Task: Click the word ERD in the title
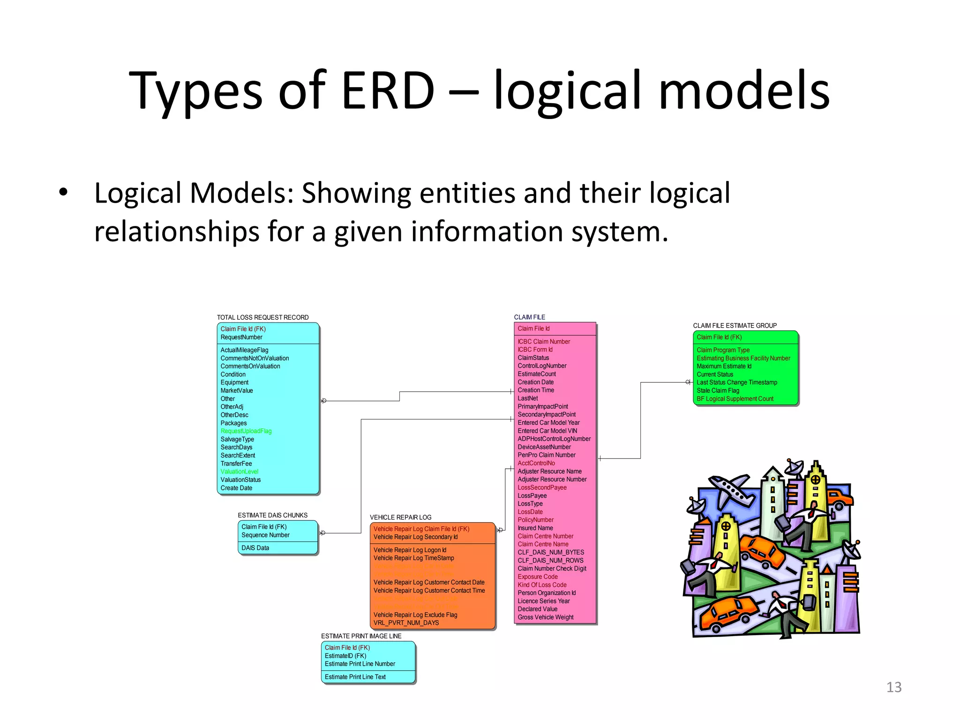point(388,90)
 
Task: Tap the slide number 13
point(893,687)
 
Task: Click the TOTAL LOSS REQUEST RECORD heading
point(262,317)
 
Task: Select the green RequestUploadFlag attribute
point(246,431)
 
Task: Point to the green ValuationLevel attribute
point(240,472)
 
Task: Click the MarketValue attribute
point(237,390)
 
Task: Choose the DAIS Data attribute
point(255,548)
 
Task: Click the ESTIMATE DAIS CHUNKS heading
point(272,515)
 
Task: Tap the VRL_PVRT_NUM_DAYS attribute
point(406,623)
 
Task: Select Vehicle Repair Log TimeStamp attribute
point(413,558)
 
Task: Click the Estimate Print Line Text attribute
point(355,677)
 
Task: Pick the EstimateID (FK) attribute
point(345,656)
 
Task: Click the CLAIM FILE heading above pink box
point(529,317)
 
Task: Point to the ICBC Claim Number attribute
point(544,342)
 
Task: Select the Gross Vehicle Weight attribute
point(545,617)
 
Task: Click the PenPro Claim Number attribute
point(547,455)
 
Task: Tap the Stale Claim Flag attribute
point(718,390)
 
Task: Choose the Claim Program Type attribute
point(723,350)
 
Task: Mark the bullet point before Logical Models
point(63,193)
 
